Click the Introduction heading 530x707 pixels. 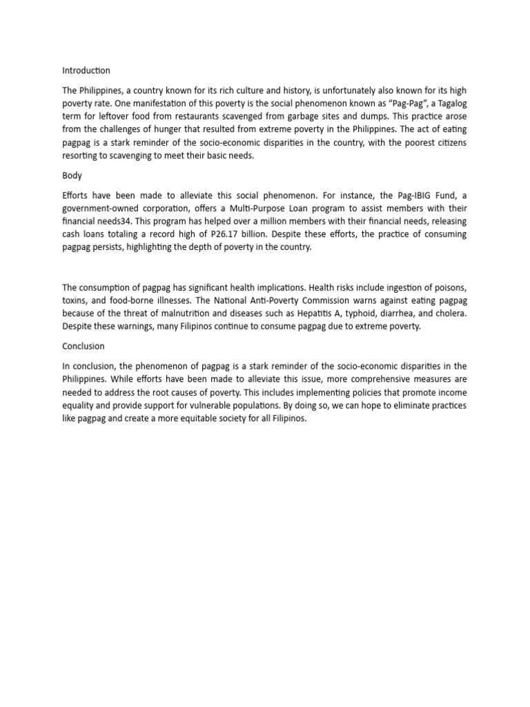(86, 70)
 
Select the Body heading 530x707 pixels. (72, 175)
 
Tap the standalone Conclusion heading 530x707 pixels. (83, 346)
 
